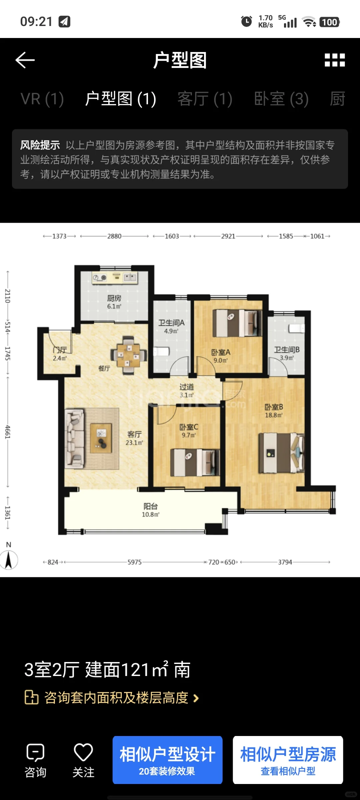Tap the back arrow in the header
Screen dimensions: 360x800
pyautogui.click(x=25, y=60)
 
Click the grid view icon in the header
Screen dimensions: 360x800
pyautogui.click(x=335, y=60)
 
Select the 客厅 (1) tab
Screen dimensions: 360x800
pyautogui.click(x=205, y=99)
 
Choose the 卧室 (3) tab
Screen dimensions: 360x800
pyautogui.click(x=281, y=99)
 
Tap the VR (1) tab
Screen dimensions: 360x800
pyautogui.click(x=42, y=99)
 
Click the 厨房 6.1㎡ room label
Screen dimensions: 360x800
pyautogui.click(x=114, y=302)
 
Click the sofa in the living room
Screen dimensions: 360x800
pyautogui.click(x=74, y=438)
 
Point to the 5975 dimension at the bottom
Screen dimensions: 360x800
pyautogui.click(x=135, y=562)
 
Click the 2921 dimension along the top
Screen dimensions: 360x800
pyautogui.click(x=228, y=236)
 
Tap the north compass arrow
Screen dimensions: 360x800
pyautogui.click(x=9, y=560)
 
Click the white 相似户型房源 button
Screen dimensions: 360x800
pyautogui.click(x=288, y=760)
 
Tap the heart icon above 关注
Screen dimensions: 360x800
pyautogui.click(x=83, y=752)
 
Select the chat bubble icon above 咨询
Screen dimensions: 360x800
pyautogui.click(x=35, y=753)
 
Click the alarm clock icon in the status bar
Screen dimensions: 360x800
pyautogui.click(x=247, y=22)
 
